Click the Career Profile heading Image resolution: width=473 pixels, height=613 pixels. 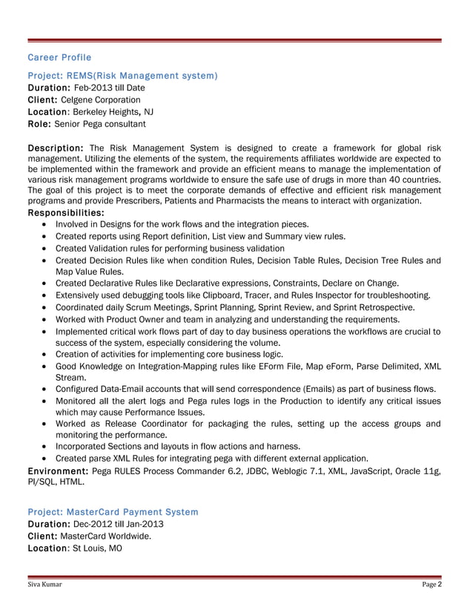pyautogui.click(x=59, y=57)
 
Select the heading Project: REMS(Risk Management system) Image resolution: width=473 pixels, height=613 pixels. pyautogui.click(x=122, y=76)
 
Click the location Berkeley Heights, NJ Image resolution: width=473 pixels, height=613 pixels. pyautogui.click(x=113, y=111)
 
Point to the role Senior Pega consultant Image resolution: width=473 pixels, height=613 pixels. pyautogui.click(x=99, y=123)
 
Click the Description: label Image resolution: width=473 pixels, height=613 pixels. pyautogui.click(x=55, y=146)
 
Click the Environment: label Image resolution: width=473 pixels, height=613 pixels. pyautogui.click(x=59, y=471)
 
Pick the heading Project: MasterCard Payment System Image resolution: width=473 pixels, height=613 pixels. pyautogui.click(x=113, y=512)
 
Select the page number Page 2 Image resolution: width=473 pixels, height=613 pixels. pyautogui.click(x=432, y=585)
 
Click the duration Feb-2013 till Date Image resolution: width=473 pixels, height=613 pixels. pyautogui.click(x=110, y=88)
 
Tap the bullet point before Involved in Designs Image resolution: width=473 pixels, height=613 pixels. pyautogui.click(x=47, y=224)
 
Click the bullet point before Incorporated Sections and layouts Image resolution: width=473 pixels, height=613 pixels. pyautogui.click(x=47, y=447)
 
